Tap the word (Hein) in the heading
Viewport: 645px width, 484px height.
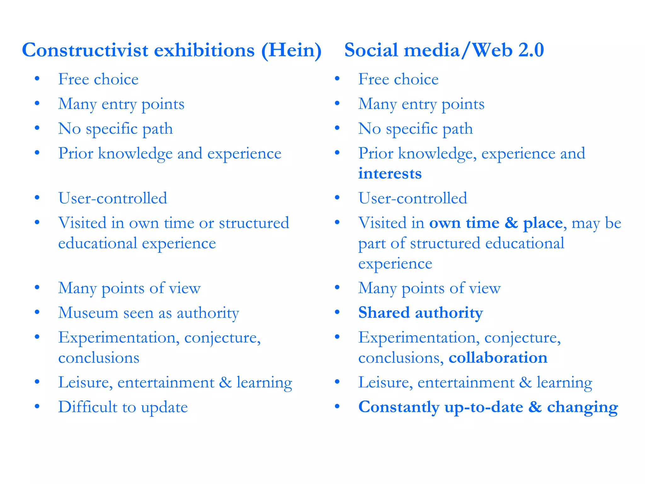[291, 50]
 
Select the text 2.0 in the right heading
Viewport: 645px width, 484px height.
[531, 50]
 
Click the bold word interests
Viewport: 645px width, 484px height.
[390, 174]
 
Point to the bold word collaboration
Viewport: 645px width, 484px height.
[498, 358]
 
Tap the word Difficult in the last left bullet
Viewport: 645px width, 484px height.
[88, 407]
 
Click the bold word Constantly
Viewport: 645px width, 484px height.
[398, 407]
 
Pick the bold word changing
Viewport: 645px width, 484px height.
[582, 407]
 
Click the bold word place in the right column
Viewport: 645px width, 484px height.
[543, 223]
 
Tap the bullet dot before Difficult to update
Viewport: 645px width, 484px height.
[37, 406]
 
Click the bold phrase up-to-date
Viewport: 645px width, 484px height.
[484, 407]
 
